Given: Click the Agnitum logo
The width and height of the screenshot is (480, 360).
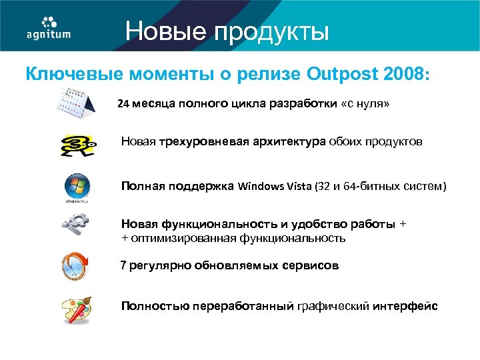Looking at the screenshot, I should pos(48,27).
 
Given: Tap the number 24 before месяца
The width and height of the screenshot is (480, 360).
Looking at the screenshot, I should pos(124,105).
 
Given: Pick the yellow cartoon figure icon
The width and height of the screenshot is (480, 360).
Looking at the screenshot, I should pos(77,146).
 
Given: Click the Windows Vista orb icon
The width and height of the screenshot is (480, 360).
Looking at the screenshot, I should pos(77,187).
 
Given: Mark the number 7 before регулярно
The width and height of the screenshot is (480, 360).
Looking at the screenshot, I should pos(123,265).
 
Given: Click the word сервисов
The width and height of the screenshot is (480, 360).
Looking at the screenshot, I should pos(314,265).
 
